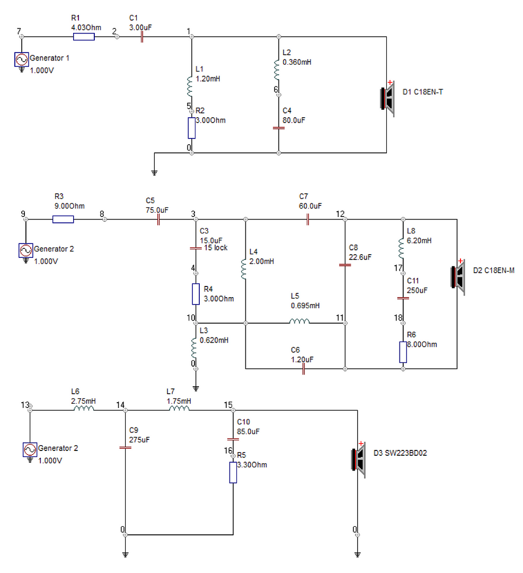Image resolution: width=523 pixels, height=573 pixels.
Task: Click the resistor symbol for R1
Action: pos(84,37)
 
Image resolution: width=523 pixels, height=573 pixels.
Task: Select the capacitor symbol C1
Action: pos(142,37)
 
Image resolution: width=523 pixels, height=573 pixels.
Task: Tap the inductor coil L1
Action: pos(190,86)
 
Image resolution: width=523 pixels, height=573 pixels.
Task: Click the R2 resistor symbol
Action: pos(192,128)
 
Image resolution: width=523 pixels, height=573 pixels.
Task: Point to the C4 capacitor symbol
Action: pos(279,128)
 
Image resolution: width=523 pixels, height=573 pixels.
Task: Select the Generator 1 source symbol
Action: pos(22,59)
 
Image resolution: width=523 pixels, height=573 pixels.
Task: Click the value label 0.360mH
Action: pos(297,62)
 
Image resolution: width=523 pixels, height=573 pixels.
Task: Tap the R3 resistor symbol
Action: pos(63,219)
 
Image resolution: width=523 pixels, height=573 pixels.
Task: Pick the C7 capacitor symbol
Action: pos(308,220)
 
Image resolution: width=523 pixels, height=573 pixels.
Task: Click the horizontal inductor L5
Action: pos(299,321)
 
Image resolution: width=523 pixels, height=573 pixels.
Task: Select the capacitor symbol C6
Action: pos(303,369)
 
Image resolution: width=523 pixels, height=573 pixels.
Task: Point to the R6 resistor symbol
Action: pos(403,352)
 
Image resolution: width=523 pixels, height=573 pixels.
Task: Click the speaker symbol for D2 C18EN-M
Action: pos(458,277)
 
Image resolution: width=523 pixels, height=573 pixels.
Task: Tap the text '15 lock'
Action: pos(216,248)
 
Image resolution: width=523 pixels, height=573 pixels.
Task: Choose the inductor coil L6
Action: pos(84,408)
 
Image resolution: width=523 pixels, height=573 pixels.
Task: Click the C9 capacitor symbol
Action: pos(125,447)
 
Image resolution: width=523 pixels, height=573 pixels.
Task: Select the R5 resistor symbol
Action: pos(233,473)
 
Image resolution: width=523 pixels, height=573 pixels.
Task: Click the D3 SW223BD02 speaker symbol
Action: pos(358,459)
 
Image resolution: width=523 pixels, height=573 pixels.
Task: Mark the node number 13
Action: pos(25,405)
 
